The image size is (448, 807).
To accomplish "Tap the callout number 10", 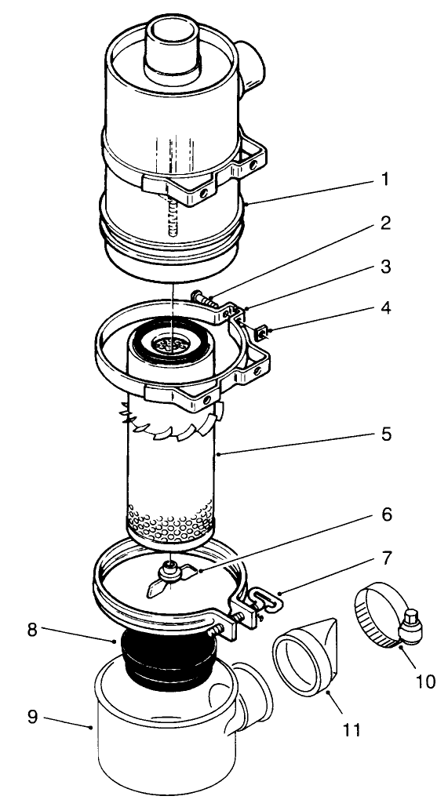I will pyautogui.click(x=424, y=681).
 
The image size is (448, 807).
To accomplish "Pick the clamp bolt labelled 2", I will pyautogui.click(x=202, y=300).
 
